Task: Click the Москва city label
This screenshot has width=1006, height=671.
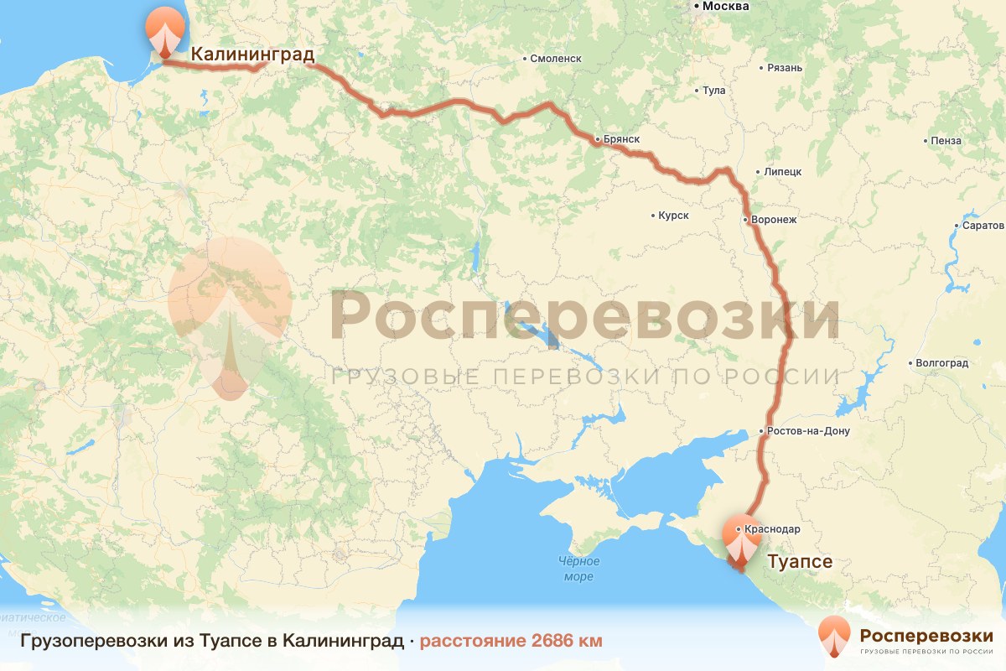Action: coord(725,7)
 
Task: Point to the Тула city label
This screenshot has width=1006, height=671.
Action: coord(713,90)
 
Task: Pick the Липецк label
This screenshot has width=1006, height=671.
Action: coord(783,172)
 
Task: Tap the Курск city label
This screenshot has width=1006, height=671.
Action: coord(673,216)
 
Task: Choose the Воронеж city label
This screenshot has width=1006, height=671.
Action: coord(774,220)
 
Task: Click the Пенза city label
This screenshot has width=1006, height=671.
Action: coord(946,141)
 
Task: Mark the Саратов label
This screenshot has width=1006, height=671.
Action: coord(983,226)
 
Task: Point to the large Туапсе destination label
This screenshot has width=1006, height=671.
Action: coord(800,562)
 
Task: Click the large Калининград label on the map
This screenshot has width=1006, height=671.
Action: coord(252,55)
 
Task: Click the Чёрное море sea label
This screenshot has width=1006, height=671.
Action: coord(578,569)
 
